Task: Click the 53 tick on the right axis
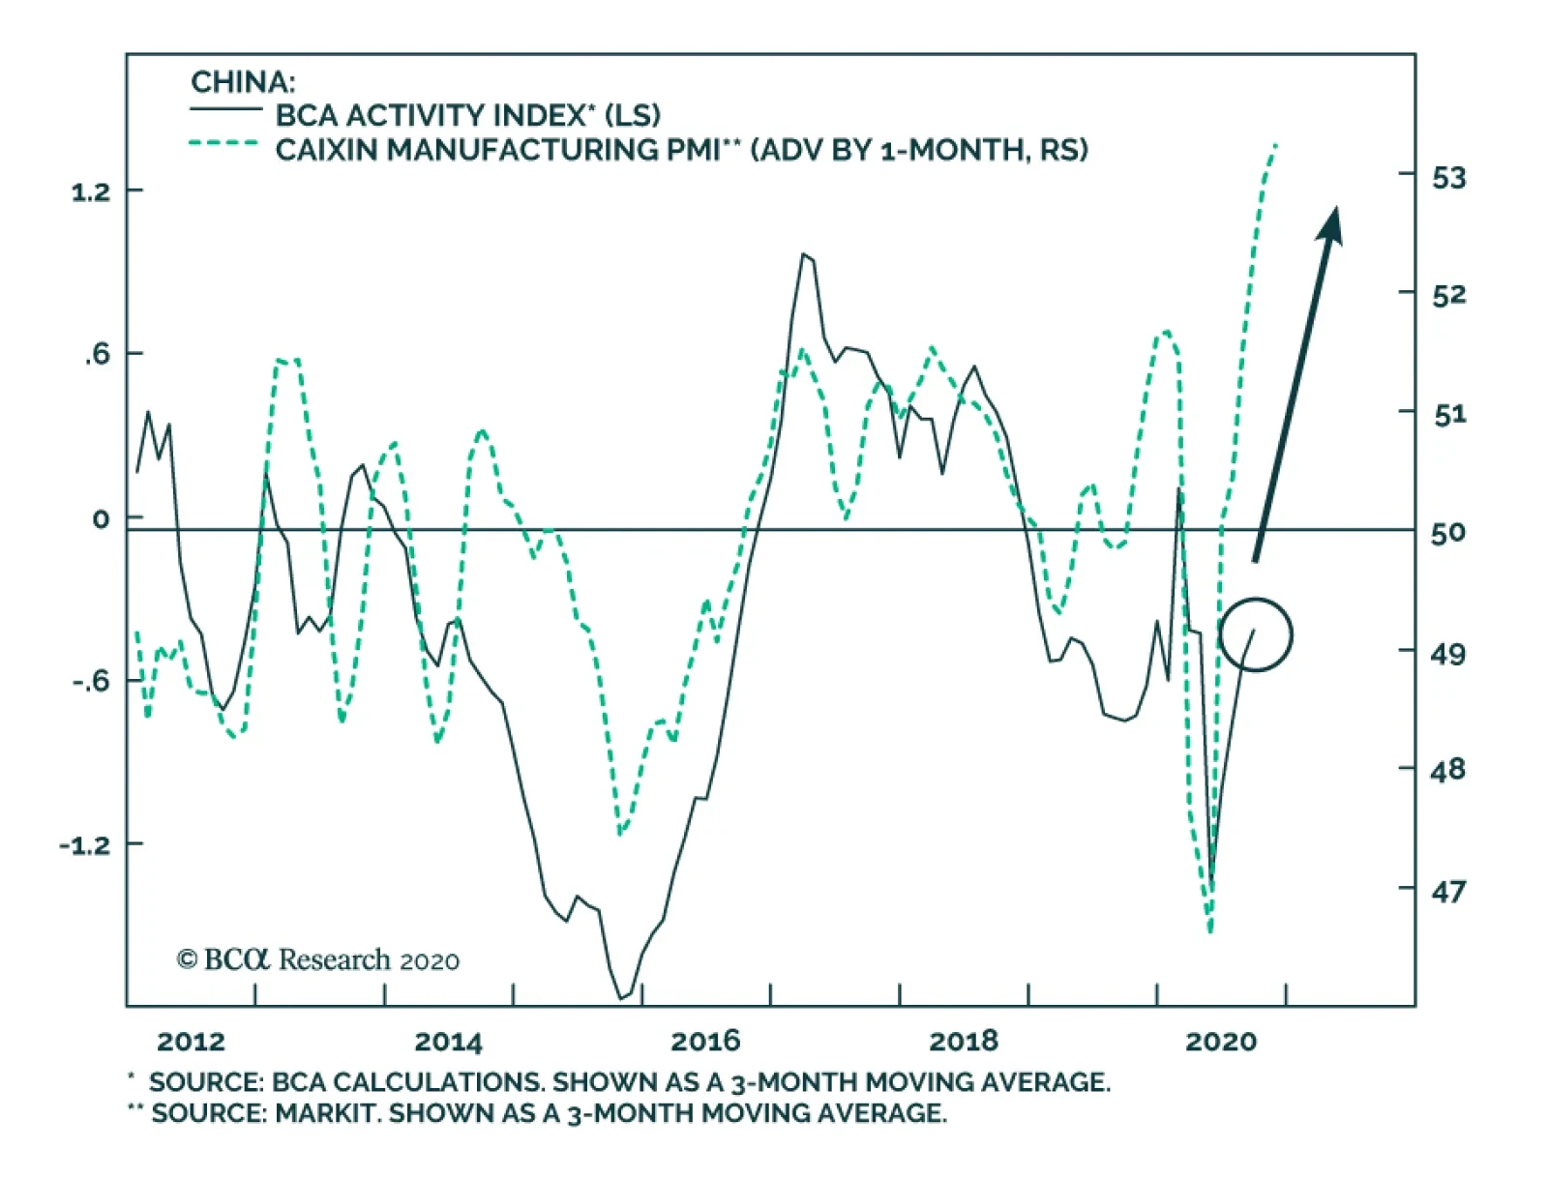click(x=1448, y=178)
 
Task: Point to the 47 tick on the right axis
click(x=1448, y=890)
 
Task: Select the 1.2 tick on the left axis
click(x=91, y=191)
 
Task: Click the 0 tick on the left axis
click(x=101, y=519)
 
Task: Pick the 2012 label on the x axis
click(x=191, y=1042)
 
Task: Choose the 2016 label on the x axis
click(x=705, y=1042)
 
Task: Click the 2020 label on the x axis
click(x=1221, y=1042)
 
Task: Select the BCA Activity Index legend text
click(x=467, y=115)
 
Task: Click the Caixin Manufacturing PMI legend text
click(x=681, y=150)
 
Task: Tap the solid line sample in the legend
click(x=225, y=109)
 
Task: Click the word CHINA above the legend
click(x=243, y=81)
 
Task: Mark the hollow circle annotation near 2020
click(x=1256, y=634)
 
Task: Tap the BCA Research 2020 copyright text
click(x=317, y=959)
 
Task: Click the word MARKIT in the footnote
click(x=327, y=1113)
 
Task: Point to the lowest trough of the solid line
click(x=621, y=997)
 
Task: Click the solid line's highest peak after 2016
click(x=803, y=254)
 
